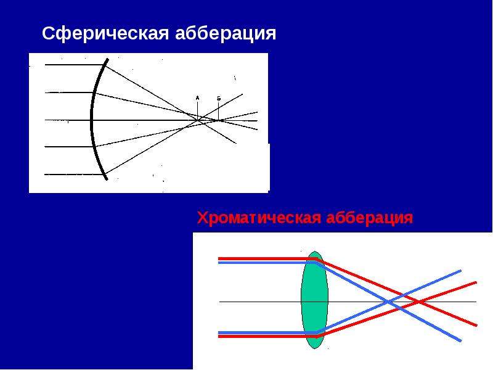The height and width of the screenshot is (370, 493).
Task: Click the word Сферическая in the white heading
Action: point(105,34)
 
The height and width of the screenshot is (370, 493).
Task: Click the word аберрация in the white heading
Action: point(226,33)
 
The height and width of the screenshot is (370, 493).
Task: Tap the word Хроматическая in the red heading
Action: point(259,218)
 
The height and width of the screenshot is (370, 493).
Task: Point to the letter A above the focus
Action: point(197,98)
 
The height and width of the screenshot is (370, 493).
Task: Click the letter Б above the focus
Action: point(219,98)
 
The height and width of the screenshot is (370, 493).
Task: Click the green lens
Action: point(314,300)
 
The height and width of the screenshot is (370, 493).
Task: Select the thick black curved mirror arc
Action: point(91,120)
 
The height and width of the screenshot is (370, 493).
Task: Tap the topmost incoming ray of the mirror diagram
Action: point(75,65)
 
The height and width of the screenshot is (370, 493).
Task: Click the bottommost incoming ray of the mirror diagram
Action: point(75,175)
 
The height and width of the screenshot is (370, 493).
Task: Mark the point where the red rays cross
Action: point(418,302)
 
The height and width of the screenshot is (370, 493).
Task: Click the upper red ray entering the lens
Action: point(267,259)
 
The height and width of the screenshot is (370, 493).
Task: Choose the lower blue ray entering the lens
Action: point(267,332)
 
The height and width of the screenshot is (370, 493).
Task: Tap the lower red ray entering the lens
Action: point(267,336)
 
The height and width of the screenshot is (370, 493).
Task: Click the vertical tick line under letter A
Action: point(197,111)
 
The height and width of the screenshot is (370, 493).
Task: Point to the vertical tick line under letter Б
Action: point(219,111)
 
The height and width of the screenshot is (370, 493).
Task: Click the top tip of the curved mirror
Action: point(107,59)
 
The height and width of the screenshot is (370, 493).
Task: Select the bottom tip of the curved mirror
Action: point(107,179)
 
